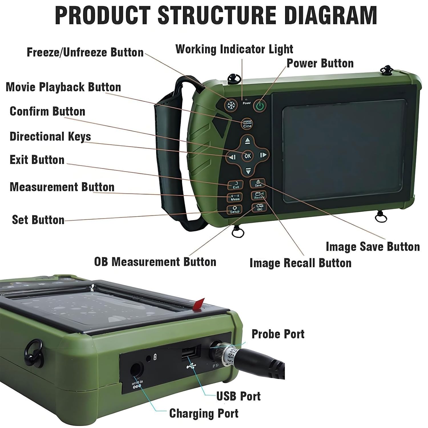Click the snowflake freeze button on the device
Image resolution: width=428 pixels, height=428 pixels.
(231, 105)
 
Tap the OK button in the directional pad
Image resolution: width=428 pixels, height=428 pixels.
(247, 156)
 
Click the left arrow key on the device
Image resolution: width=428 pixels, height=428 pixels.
(233, 157)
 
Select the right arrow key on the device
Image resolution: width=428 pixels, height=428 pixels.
(263, 155)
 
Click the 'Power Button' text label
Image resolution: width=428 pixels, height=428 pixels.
(320, 63)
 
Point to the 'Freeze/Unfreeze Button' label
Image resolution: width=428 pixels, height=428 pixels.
(85, 53)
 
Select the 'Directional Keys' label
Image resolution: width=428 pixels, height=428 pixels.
(50, 136)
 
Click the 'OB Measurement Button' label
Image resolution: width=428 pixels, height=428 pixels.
(155, 262)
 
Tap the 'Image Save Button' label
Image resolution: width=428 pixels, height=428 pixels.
(373, 247)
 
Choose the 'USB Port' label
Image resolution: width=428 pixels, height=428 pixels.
(239, 396)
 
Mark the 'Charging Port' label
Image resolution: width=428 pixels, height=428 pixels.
(204, 413)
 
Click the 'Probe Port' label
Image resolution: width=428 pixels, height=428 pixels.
(278, 334)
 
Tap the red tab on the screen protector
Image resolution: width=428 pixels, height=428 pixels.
(199, 304)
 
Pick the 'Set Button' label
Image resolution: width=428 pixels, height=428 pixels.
(38, 220)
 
